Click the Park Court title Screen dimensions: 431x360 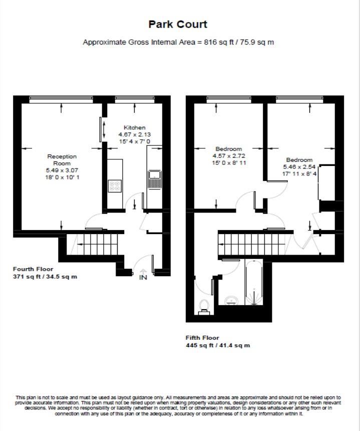178,24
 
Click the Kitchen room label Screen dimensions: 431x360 134,128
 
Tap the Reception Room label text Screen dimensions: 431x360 62,160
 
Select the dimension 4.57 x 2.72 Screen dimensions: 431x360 229,156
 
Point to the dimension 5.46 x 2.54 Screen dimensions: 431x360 299,167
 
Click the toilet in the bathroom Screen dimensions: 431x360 204,306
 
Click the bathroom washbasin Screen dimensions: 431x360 231,300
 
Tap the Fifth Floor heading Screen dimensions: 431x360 202,338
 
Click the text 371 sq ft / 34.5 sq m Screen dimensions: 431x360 45,277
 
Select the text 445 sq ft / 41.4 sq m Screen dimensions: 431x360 218,345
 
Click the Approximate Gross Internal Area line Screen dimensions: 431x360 178,42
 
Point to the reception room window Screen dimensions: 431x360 61,98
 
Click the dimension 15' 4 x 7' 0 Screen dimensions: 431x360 134,142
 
